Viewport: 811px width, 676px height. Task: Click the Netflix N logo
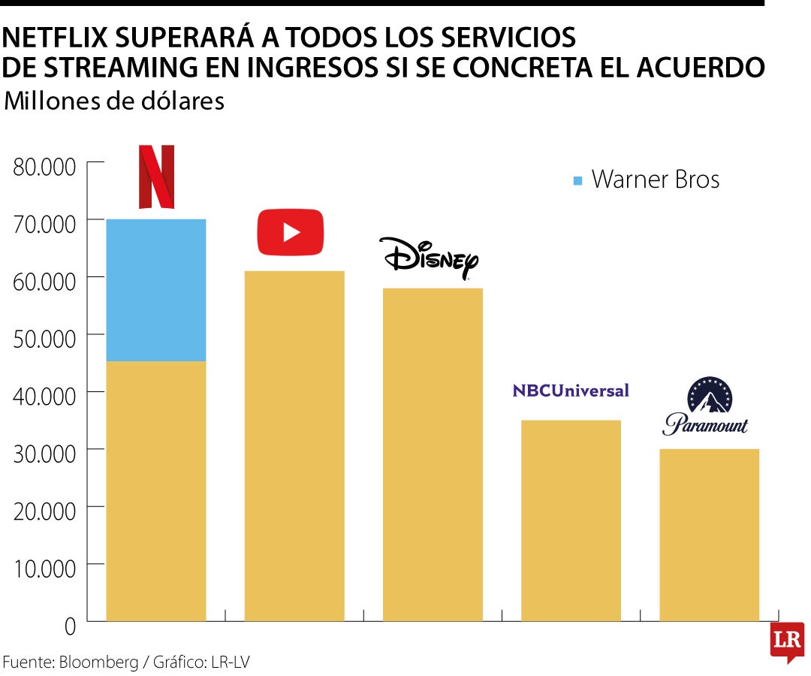coord(156,177)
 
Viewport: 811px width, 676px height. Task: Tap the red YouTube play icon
coord(290,231)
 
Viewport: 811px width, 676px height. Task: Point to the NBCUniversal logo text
coord(571,391)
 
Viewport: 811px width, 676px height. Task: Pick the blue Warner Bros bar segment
coord(156,290)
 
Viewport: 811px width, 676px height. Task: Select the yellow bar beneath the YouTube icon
coord(294,446)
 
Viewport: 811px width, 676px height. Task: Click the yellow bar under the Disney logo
coord(433,454)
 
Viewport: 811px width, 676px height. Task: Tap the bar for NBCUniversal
coord(571,521)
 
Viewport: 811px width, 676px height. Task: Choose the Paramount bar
coord(709,535)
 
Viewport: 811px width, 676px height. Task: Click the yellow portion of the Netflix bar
coord(156,491)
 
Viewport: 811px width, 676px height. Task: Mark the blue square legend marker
coord(577,180)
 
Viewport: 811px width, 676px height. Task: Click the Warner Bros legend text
coord(656,180)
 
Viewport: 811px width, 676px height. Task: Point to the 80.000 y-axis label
coord(45,167)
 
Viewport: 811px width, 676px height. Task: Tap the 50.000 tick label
coord(45,339)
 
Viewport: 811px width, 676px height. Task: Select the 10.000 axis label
coord(45,569)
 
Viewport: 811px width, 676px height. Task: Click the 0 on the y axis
coord(70,626)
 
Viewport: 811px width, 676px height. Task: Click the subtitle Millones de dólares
coord(114,101)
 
